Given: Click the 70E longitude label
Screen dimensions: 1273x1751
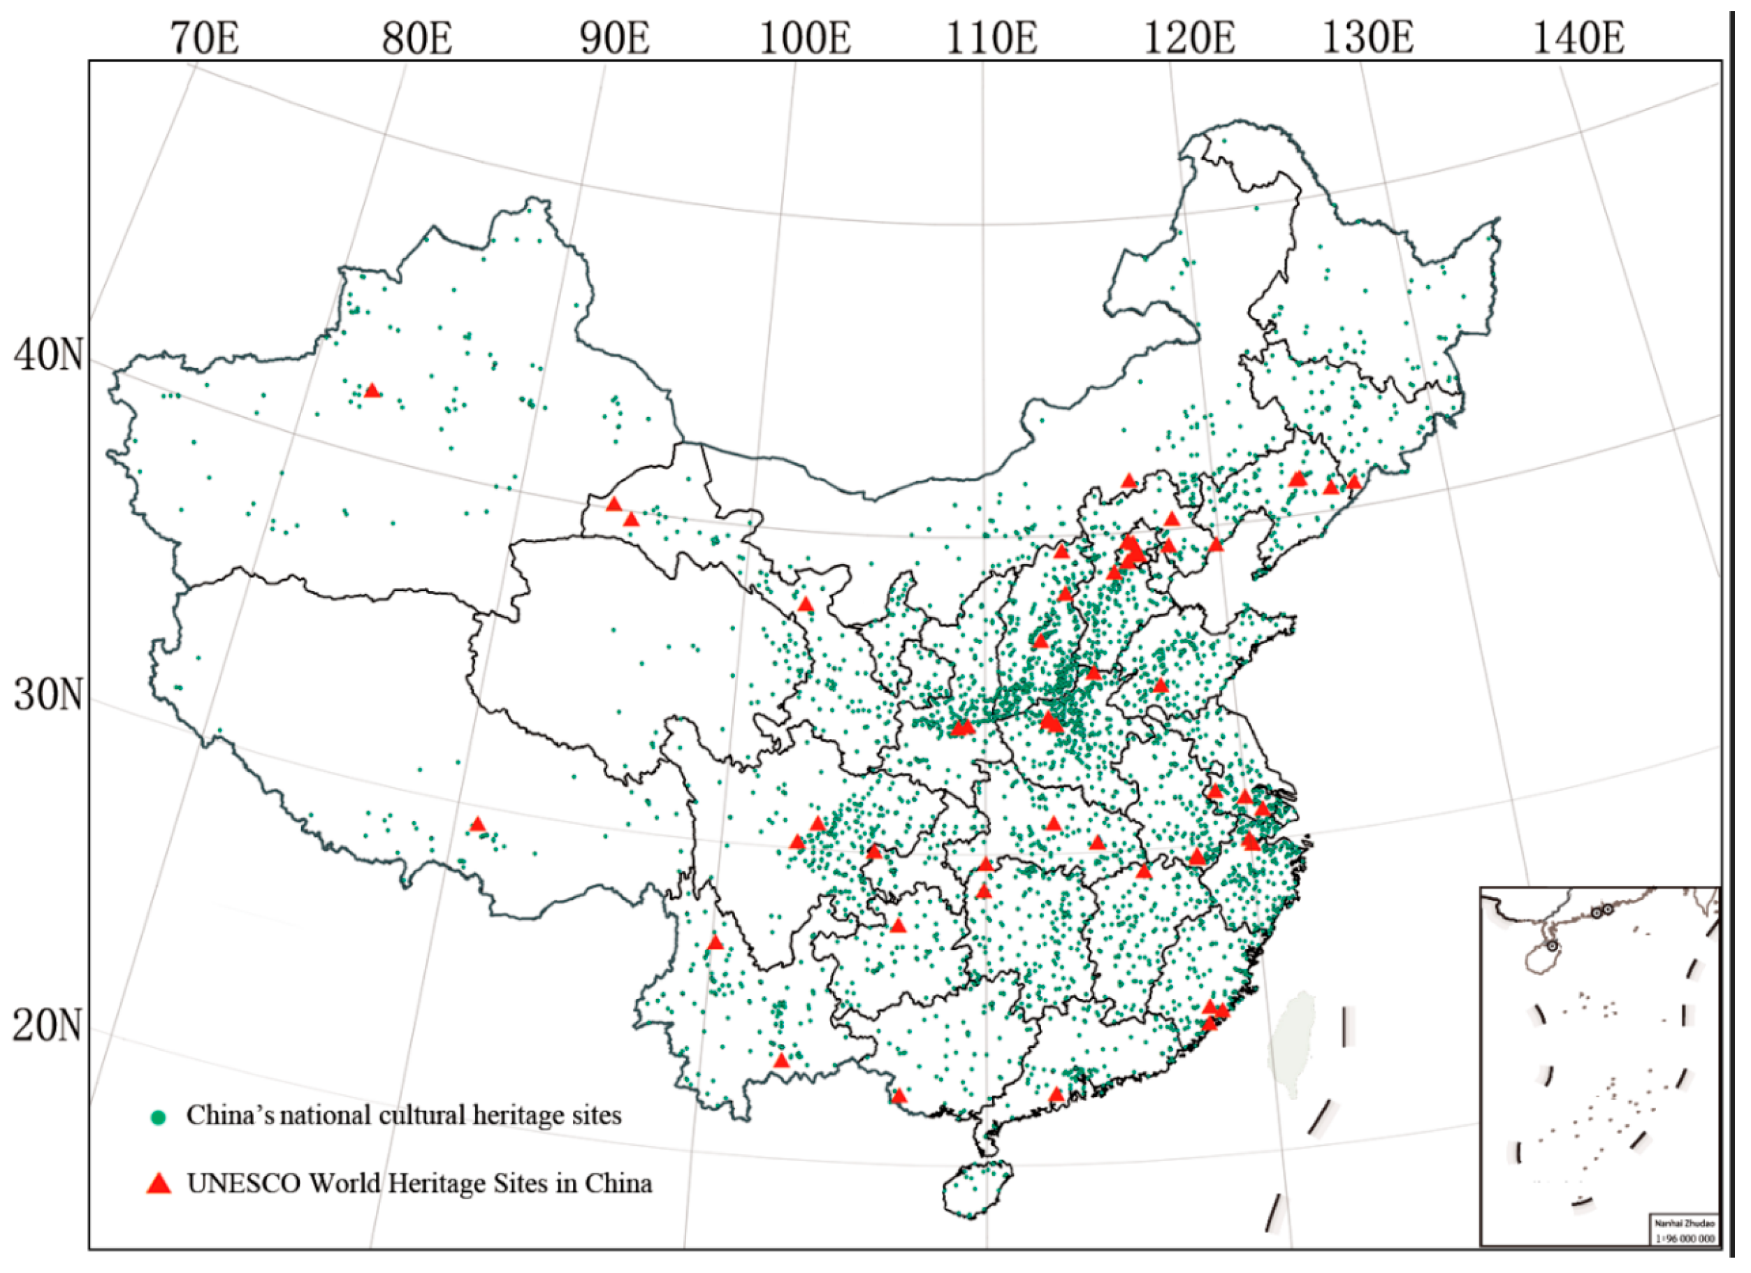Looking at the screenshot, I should (x=205, y=38).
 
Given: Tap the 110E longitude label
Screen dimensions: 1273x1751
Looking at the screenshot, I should (x=991, y=38).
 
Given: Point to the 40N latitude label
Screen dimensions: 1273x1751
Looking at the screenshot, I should (x=47, y=355).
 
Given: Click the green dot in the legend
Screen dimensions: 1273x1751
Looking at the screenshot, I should (x=159, y=1117).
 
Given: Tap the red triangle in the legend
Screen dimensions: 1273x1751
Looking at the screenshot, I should (x=159, y=1184).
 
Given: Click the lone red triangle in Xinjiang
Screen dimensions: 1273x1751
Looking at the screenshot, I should (x=372, y=391).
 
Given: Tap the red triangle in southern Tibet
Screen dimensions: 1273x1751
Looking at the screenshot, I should (x=477, y=824).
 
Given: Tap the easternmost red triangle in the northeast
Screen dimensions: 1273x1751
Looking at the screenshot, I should (x=1353, y=483).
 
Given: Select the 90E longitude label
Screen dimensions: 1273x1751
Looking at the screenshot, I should (x=615, y=38).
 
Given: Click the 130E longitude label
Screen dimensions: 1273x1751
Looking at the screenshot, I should (x=1368, y=38).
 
